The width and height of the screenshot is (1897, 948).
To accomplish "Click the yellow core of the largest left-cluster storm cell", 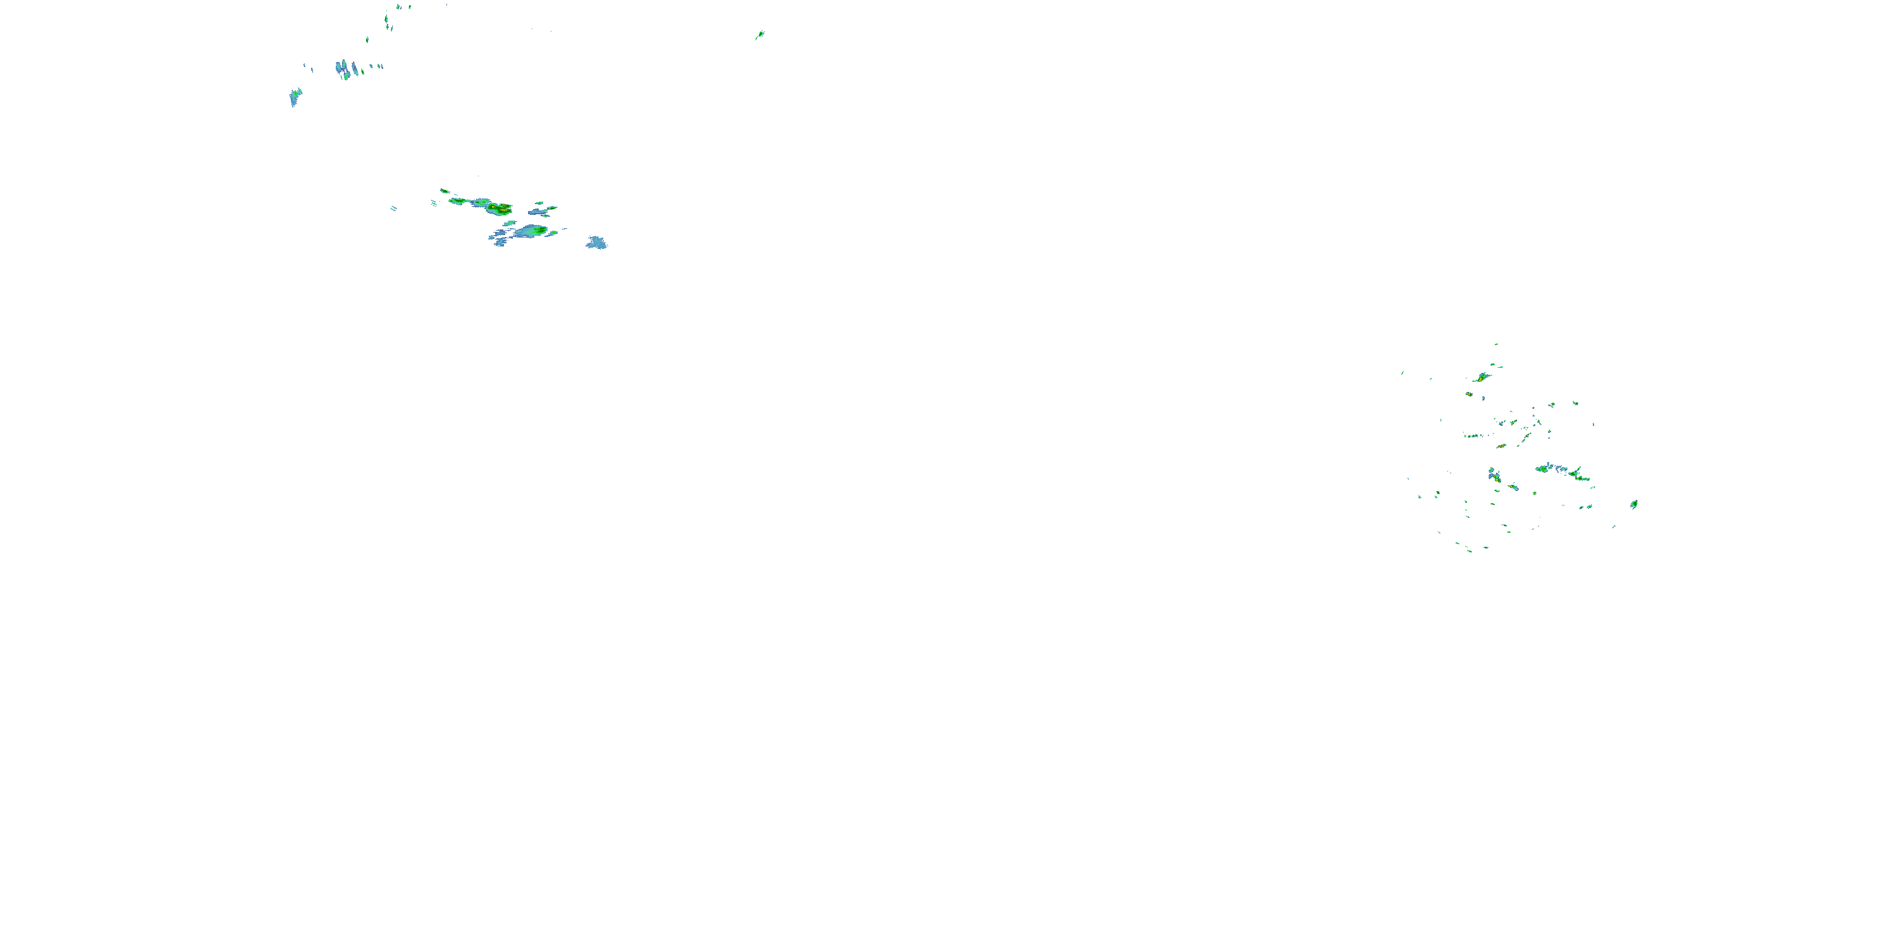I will pyautogui.click(x=501, y=209).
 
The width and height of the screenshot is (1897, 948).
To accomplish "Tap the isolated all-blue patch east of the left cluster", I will pyautogui.click(x=596, y=242).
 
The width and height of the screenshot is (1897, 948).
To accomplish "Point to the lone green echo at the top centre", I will pyautogui.click(x=760, y=34).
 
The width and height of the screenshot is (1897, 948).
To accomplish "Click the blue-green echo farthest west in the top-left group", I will pyautogui.click(x=295, y=97).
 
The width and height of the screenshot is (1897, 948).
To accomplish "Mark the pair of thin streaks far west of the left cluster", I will pyautogui.click(x=393, y=209).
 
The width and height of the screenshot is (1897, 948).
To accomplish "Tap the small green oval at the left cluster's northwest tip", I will pyautogui.click(x=445, y=191).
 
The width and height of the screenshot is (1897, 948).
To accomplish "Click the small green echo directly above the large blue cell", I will pyautogui.click(x=509, y=223).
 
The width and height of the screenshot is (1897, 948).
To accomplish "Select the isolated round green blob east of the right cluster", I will pyautogui.click(x=1634, y=504).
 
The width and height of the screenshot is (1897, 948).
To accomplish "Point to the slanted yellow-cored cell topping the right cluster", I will pyautogui.click(x=1482, y=377).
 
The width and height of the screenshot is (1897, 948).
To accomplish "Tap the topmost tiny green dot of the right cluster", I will pyautogui.click(x=1496, y=344).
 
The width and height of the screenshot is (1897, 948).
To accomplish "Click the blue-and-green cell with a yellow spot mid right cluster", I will pyautogui.click(x=1494, y=475).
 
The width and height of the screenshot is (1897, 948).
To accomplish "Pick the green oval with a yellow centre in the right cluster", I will pyautogui.click(x=1501, y=446).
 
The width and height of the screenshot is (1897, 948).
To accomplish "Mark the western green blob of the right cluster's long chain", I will pyautogui.click(x=1542, y=468).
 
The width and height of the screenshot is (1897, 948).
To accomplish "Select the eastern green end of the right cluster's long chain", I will pyautogui.click(x=1582, y=477).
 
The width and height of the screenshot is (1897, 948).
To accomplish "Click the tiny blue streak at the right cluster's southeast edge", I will pyautogui.click(x=1614, y=526).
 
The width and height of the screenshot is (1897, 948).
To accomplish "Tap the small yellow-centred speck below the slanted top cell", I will pyautogui.click(x=1469, y=394).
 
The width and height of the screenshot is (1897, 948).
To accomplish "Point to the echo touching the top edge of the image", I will pyautogui.click(x=398, y=6).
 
